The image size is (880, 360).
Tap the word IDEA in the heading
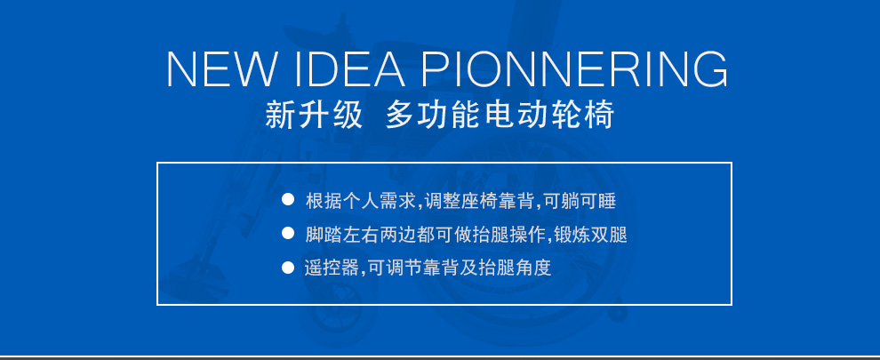(349, 69)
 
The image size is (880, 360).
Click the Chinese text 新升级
(314, 116)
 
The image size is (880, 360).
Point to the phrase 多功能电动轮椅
(500, 116)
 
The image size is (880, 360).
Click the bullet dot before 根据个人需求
(288, 199)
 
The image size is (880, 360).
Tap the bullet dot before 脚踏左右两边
(288, 233)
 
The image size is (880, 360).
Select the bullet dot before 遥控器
(288, 267)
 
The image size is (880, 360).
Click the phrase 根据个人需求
(360, 201)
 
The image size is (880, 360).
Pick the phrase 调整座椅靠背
(479, 201)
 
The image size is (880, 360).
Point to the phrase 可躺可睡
(579, 201)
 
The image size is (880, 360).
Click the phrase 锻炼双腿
(590, 234)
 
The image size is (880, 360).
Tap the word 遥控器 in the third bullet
(332, 268)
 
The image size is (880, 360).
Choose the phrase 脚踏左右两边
(360, 234)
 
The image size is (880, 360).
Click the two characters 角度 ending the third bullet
(533, 268)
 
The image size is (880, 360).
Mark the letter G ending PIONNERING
(711, 69)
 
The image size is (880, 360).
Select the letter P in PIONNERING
(436, 69)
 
